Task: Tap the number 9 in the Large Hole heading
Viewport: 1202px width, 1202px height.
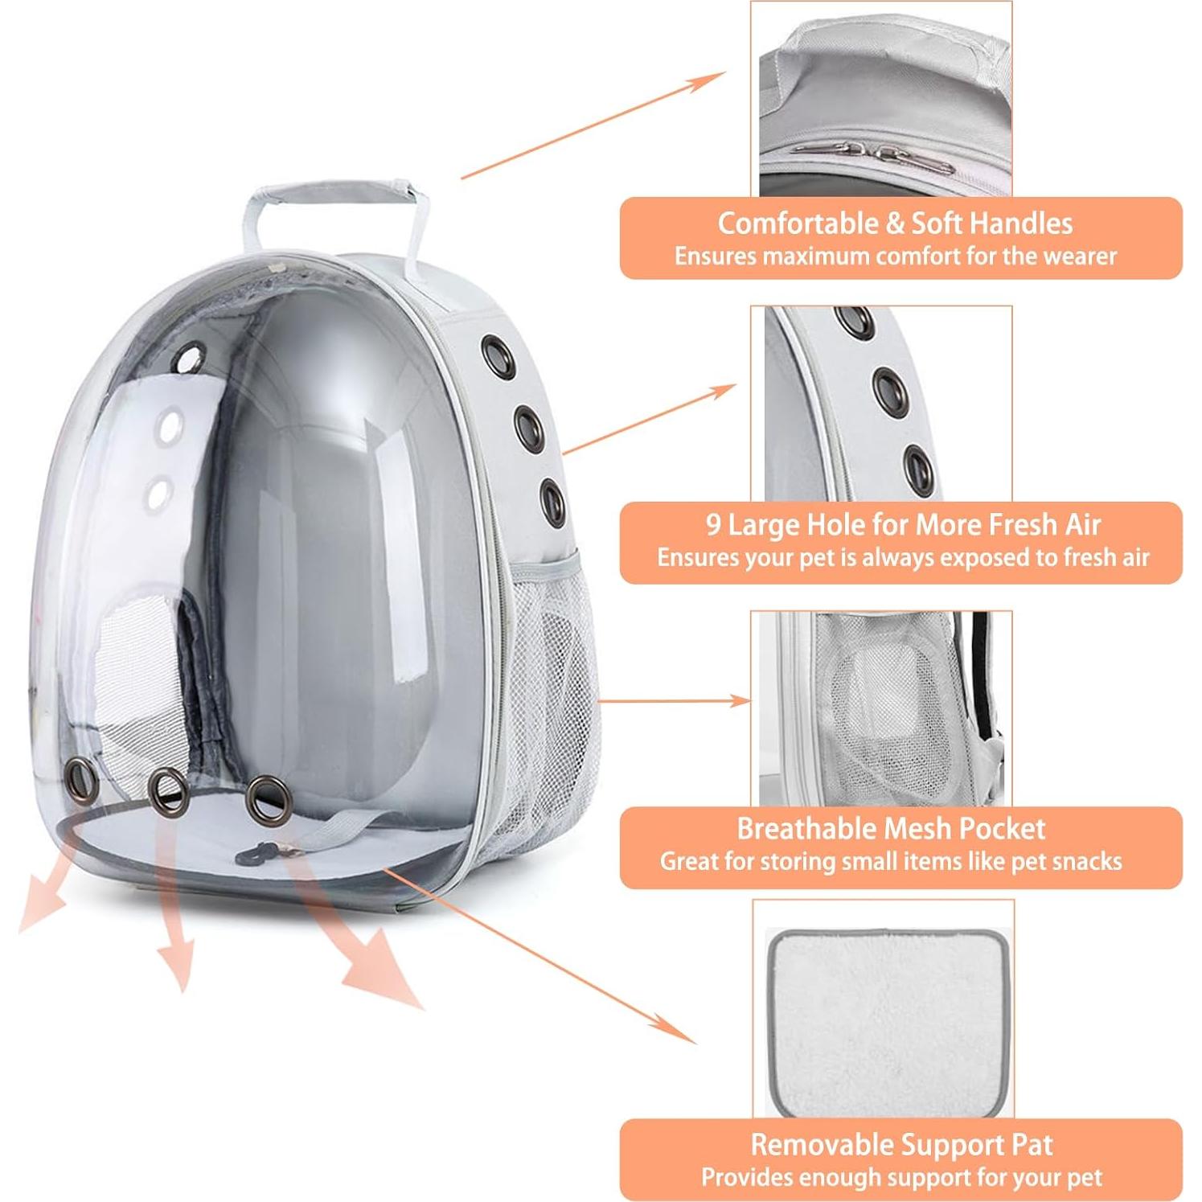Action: tap(713, 525)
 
